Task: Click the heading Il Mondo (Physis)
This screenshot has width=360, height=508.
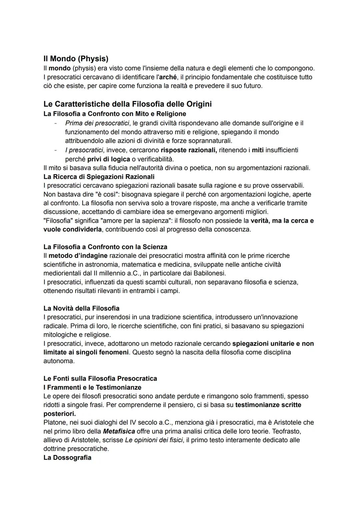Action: point(76,59)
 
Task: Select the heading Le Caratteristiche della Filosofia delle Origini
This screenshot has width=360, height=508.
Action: point(127,104)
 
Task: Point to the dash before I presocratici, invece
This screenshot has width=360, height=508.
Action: point(56,150)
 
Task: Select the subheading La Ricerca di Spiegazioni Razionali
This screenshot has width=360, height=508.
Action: point(99,176)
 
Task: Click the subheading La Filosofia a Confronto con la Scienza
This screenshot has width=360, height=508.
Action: point(105,247)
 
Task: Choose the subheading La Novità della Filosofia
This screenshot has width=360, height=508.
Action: point(81,308)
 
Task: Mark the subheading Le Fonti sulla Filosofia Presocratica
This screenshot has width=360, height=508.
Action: point(100,378)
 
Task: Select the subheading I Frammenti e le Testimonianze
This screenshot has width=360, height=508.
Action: point(92,387)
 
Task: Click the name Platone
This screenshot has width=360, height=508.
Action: point(55,422)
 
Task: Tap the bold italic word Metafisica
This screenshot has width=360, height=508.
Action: point(117,431)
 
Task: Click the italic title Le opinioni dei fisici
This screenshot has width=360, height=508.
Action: point(154,440)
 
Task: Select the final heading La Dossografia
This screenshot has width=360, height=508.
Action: point(67,457)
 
